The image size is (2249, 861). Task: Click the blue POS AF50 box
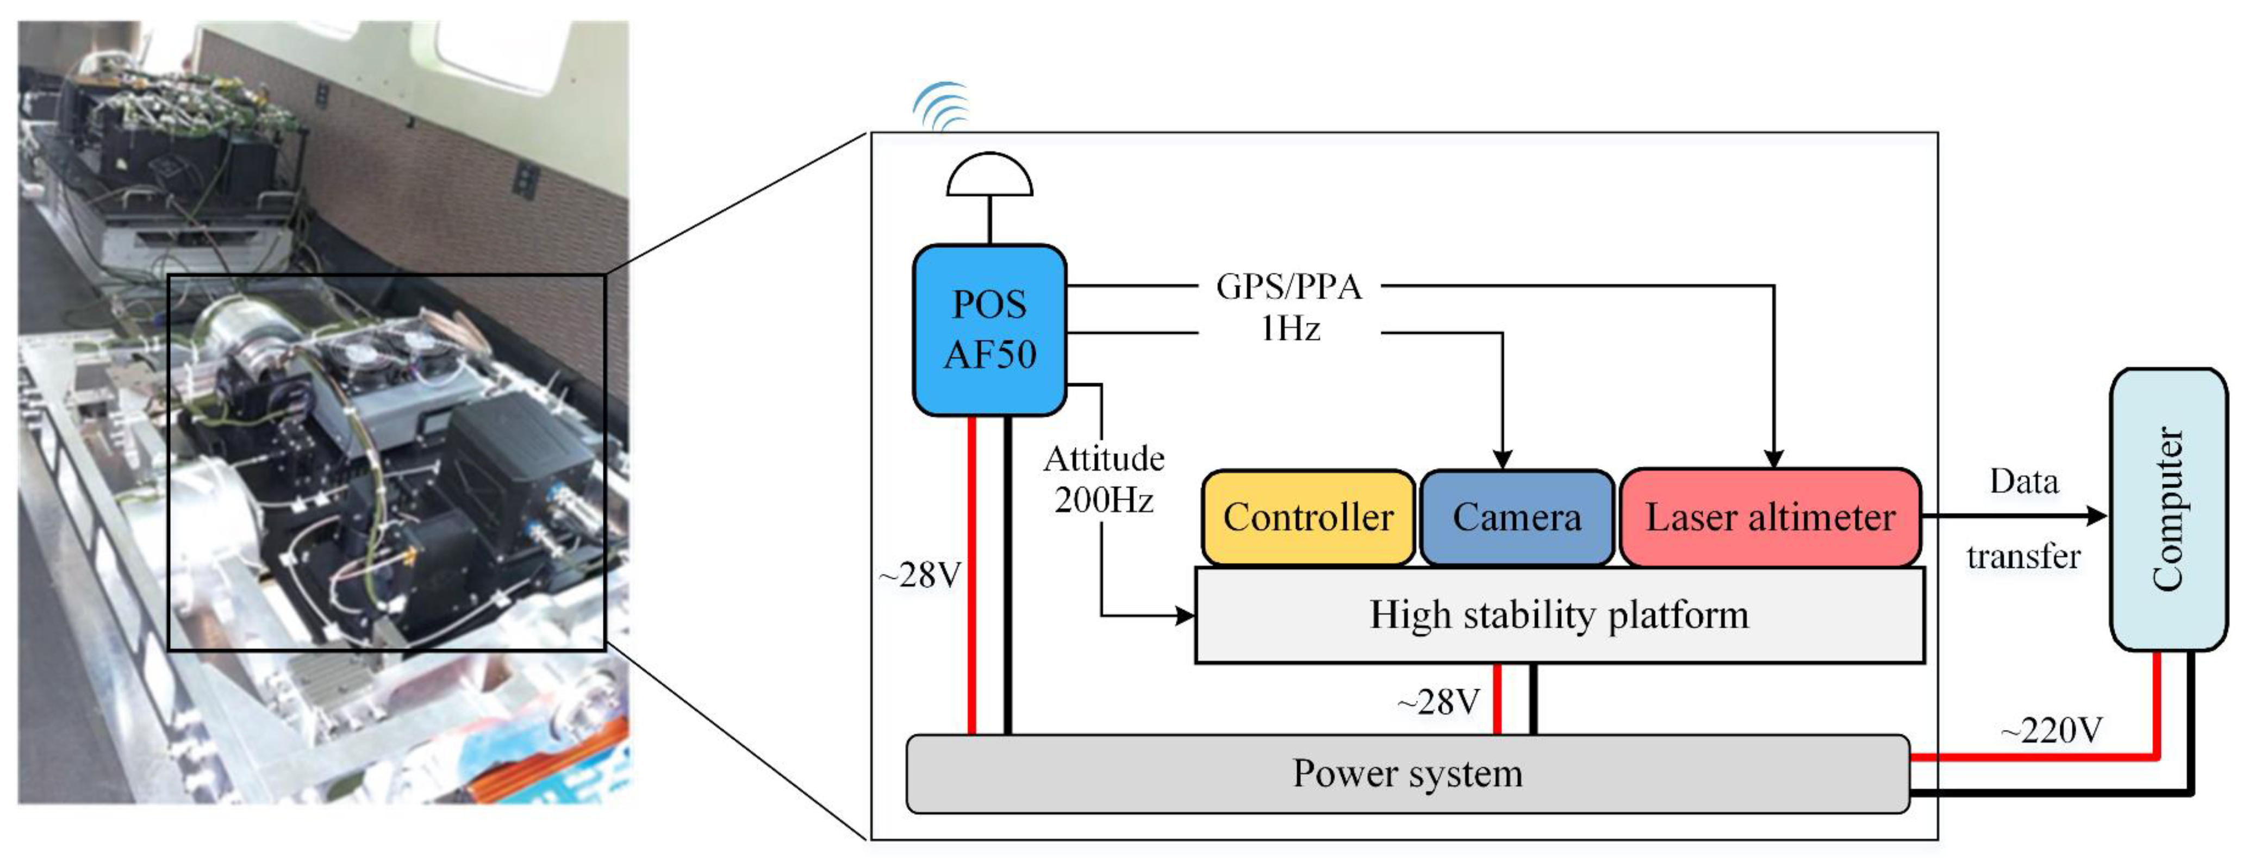tap(989, 330)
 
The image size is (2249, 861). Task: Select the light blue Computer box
tap(2168, 509)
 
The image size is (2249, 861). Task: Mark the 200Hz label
tap(1104, 501)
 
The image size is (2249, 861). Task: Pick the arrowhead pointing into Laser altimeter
tap(1773, 458)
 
